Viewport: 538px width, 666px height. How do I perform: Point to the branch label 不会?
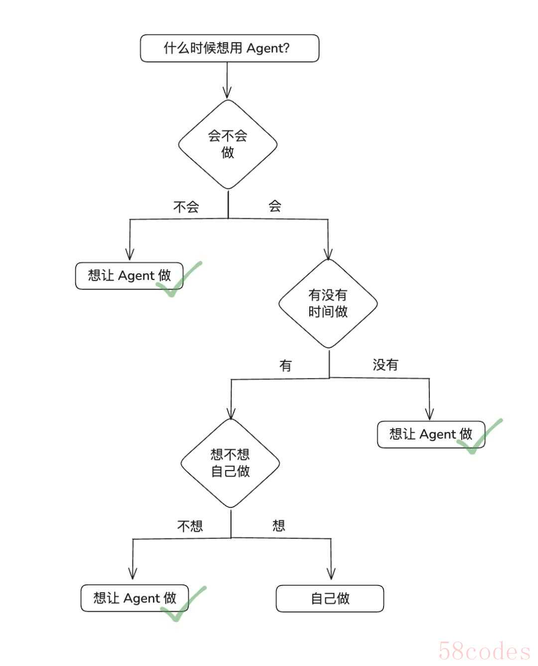point(186,207)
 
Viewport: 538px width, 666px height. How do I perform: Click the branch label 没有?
point(386,365)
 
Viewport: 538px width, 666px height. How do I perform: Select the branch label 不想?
point(190,526)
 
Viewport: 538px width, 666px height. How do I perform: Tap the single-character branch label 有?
point(285,366)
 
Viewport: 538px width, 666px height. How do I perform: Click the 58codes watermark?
point(484,651)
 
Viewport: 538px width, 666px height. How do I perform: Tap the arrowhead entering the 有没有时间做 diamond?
point(328,254)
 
